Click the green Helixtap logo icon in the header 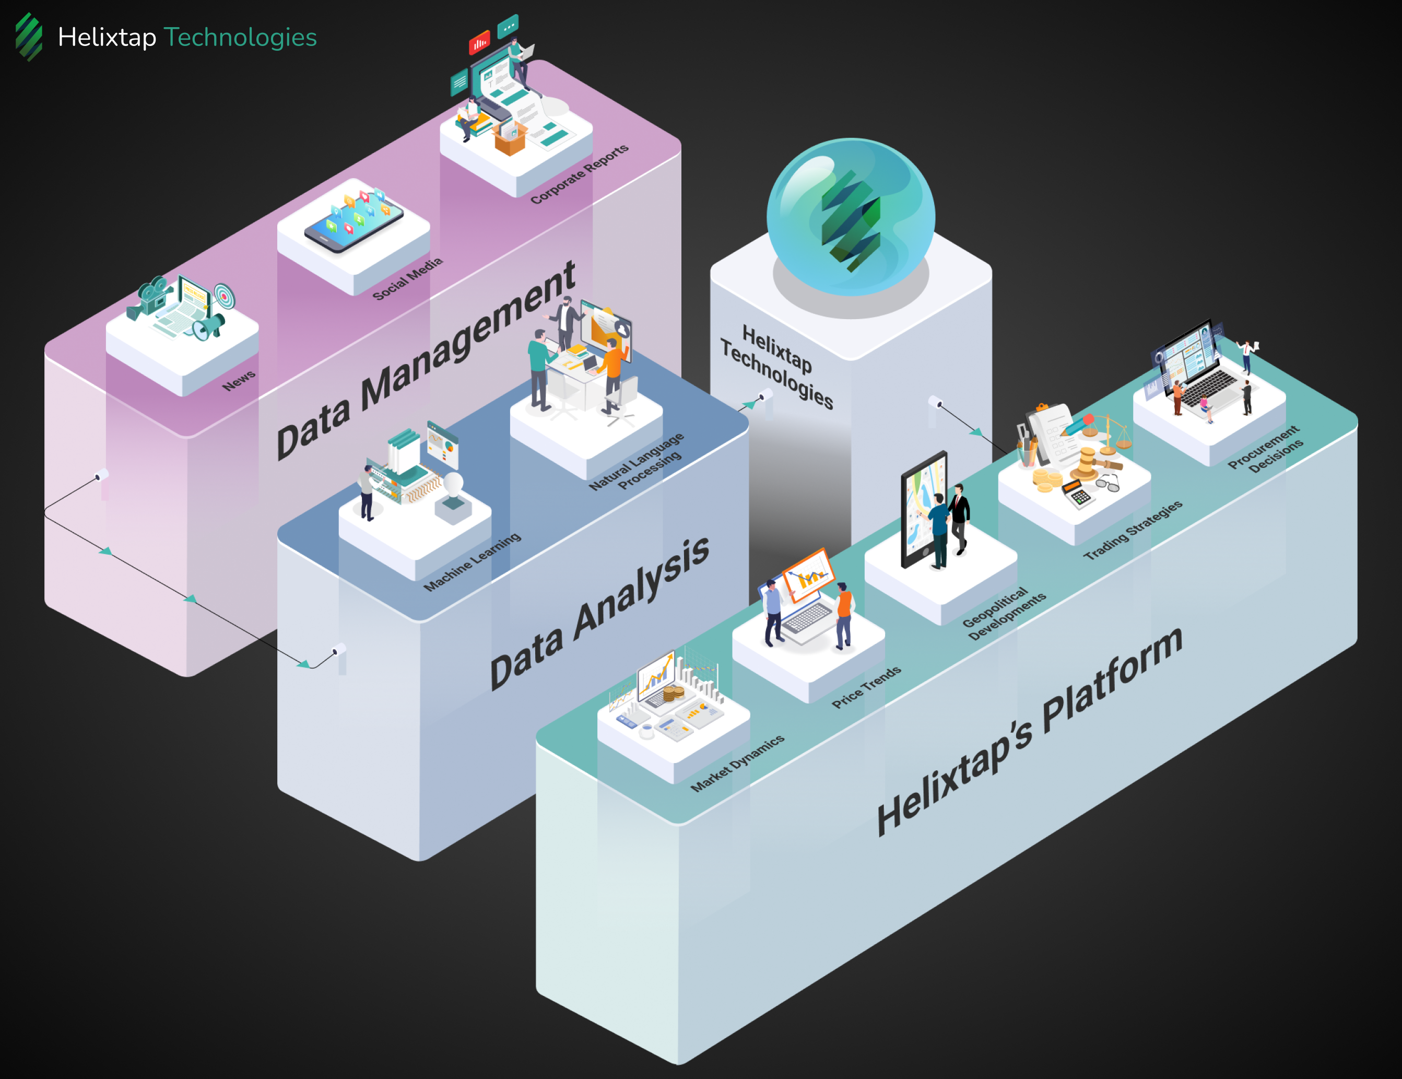click(29, 37)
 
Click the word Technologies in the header click(240, 37)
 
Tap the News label click(239, 381)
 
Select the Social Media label click(408, 278)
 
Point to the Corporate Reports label click(579, 174)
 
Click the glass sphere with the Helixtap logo click(851, 217)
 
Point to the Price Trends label click(867, 687)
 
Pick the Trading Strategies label click(1133, 530)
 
